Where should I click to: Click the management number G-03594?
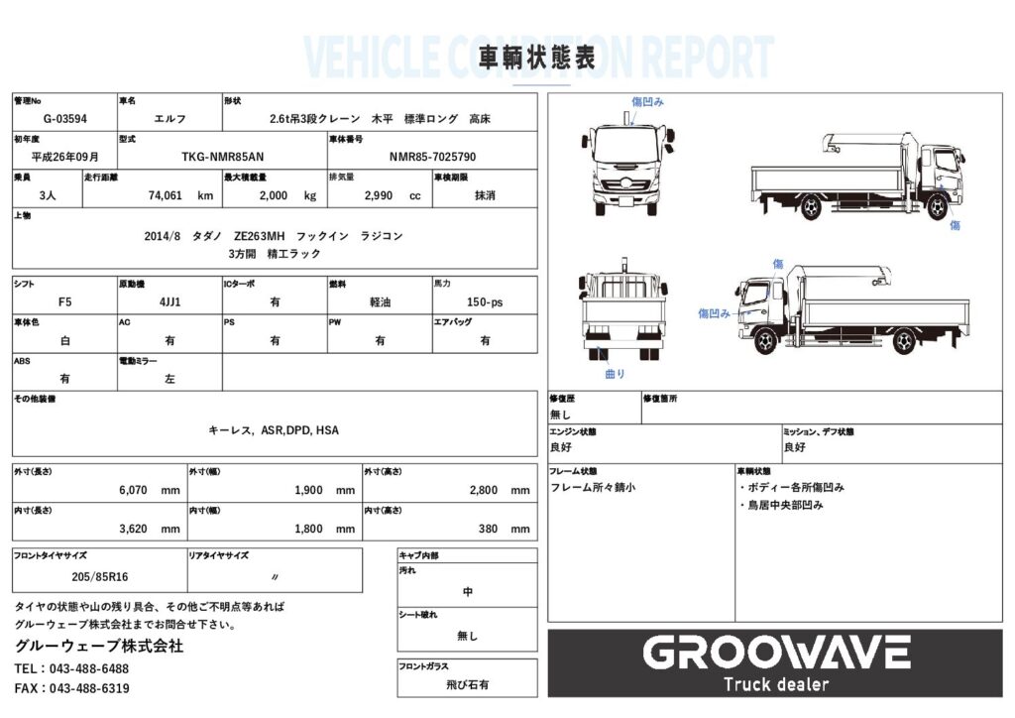(x=64, y=119)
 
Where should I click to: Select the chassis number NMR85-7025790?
(x=432, y=158)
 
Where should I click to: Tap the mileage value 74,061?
(x=166, y=195)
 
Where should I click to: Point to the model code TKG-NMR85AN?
(x=223, y=158)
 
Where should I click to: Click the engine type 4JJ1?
(x=169, y=302)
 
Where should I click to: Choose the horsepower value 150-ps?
(x=484, y=302)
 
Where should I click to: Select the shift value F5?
(x=64, y=302)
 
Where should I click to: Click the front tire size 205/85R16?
(x=100, y=577)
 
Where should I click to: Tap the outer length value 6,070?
(x=133, y=491)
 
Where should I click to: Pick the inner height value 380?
(x=488, y=529)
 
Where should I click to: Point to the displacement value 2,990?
(x=378, y=195)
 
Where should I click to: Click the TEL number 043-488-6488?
(x=88, y=668)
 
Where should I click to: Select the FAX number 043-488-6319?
(x=89, y=689)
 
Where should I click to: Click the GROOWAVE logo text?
(x=776, y=653)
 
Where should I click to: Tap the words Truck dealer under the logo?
(x=776, y=684)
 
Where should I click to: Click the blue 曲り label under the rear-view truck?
(x=615, y=374)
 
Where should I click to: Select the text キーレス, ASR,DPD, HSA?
(x=274, y=430)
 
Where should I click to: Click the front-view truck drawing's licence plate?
(x=625, y=201)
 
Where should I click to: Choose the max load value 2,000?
(x=274, y=195)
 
